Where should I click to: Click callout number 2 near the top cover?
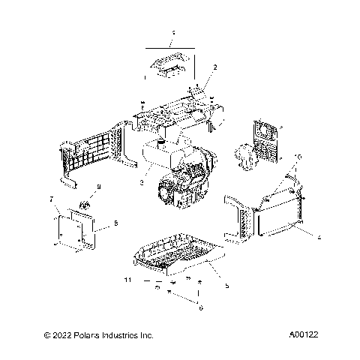pyautogui.click(x=215, y=67)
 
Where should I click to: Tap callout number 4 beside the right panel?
pyautogui.click(x=319, y=238)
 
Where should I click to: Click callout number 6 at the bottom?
pyautogui.click(x=199, y=307)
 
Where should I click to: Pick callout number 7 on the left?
pyautogui.click(x=51, y=199)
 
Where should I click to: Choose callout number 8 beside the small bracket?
pyautogui.click(x=115, y=223)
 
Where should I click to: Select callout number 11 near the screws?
pyautogui.click(x=127, y=279)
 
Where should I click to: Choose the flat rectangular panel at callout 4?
pyautogui.click(x=280, y=226)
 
